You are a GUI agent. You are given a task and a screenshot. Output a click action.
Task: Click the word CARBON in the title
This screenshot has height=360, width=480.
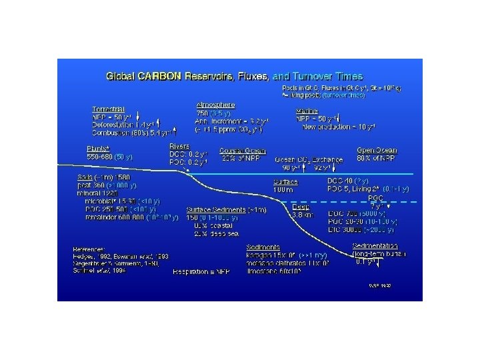[159, 77]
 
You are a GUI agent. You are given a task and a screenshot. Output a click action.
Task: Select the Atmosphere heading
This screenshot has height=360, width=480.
[215, 105]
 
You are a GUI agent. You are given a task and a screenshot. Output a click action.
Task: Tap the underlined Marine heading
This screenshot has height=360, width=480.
[307, 110]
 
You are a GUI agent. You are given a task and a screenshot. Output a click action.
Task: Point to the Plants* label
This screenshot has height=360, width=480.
[98, 149]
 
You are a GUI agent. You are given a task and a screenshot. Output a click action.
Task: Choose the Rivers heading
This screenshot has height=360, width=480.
[179, 146]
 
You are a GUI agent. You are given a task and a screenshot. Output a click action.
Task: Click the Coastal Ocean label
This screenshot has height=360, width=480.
[239, 151]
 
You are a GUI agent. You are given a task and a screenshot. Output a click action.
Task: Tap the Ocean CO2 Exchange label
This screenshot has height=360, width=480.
[309, 160]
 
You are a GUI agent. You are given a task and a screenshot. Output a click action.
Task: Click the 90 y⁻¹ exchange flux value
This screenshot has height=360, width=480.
[291, 168]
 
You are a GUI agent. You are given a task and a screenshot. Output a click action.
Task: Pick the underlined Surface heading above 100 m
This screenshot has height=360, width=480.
[285, 182]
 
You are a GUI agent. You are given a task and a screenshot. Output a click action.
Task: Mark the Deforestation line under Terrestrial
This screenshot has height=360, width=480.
[123, 124]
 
